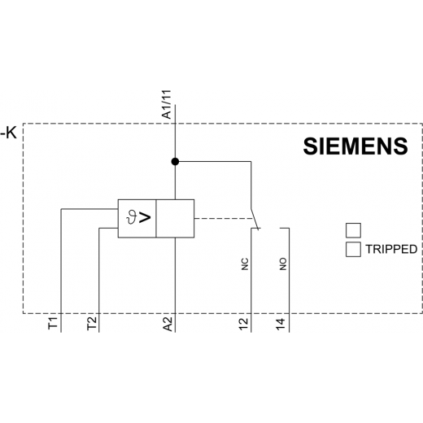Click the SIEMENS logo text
click(x=355, y=146)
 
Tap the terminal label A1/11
click(x=167, y=104)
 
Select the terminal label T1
click(x=53, y=323)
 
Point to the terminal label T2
click(x=92, y=323)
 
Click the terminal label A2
click(x=168, y=324)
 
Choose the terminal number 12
click(x=243, y=324)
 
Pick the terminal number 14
click(x=281, y=324)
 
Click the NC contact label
click(x=245, y=264)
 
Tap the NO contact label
click(x=283, y=264)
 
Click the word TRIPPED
click(x=391, y=249)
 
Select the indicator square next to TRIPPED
click(x=353, y=249)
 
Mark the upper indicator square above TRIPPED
click(x=353, y=230)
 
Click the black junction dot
click(x=175, y=162)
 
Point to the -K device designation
click(x=9, y=133)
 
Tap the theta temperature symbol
click(x=132, y=217)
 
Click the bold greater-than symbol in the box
click(x=145, y=218)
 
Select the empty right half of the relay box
click(x=175, y=219)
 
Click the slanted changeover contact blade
click(x=255, y=219)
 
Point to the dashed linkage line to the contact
click(x=225, y=218)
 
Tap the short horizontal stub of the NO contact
click(x=285, y=229)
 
